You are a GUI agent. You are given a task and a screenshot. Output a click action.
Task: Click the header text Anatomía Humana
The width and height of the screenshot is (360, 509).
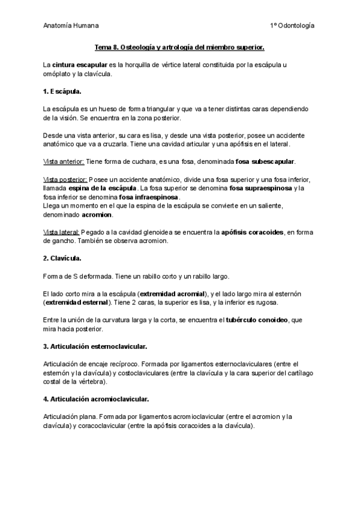coord(71,26)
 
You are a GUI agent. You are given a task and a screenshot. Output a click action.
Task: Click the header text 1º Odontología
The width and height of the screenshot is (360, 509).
coord(292,26)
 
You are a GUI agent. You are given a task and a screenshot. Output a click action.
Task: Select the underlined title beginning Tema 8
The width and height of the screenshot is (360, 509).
coord(180,47)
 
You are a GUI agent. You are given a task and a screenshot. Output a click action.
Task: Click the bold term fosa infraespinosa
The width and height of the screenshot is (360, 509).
coord(149,197)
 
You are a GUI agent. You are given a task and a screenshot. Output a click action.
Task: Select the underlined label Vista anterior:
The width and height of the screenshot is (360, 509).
coord(64,162)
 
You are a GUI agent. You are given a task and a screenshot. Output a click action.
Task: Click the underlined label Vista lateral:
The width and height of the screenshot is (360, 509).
coord(61,232)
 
